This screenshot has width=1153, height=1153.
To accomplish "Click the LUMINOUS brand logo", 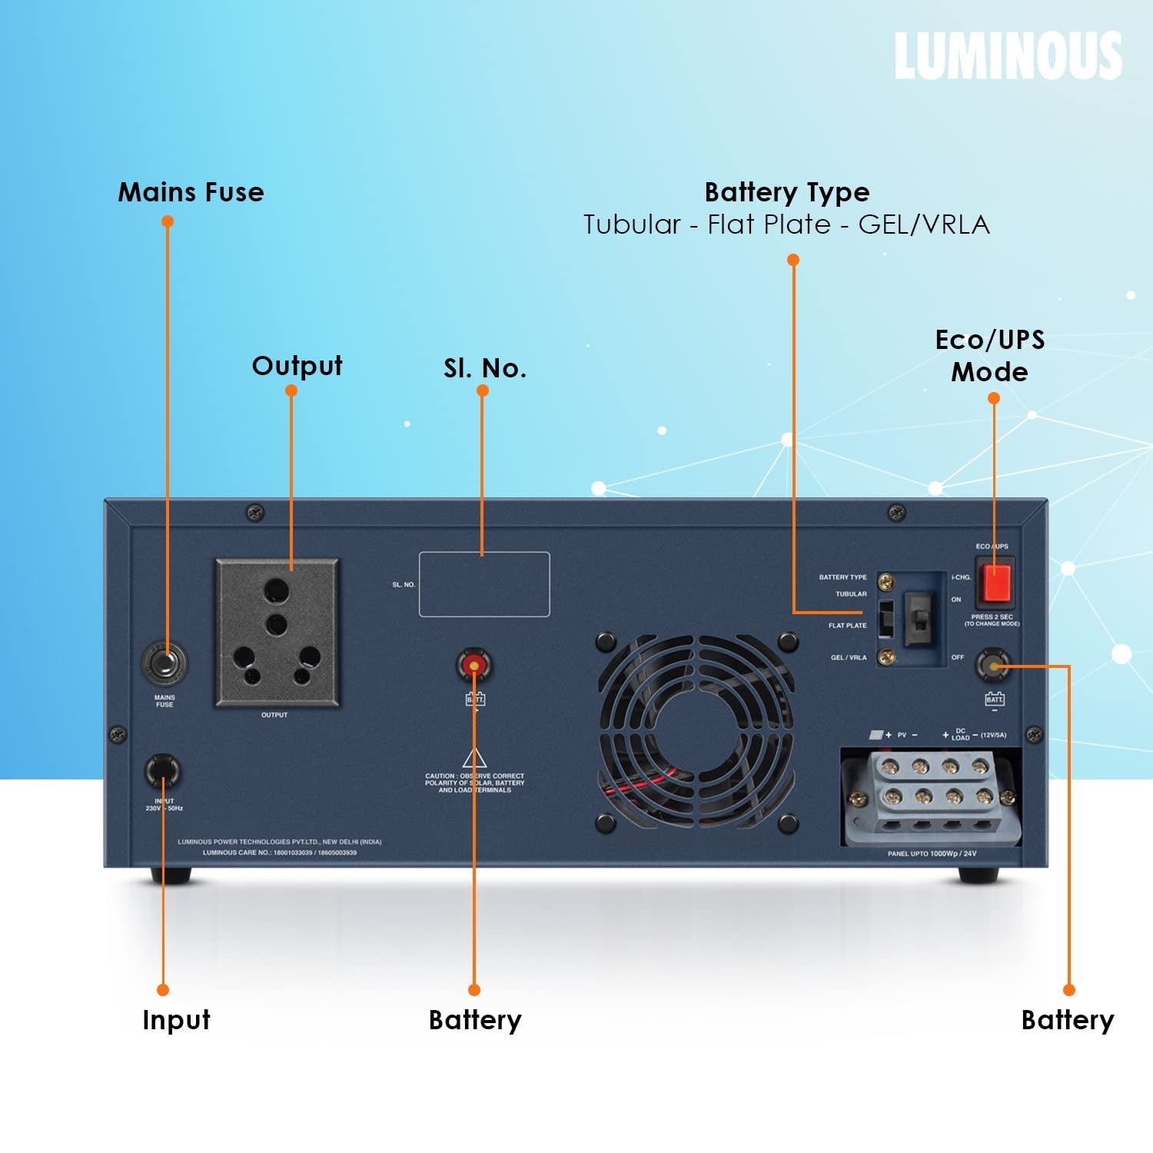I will pyautogui.click(x=1008, y=55).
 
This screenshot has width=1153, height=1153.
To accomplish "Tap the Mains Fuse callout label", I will pyautogui.click(x=191, y=192).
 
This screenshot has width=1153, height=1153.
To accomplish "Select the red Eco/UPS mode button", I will pyautogui.click(x=996, y=582).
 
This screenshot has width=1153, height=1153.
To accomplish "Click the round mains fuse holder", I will pyautogui.click(x=164, y=663).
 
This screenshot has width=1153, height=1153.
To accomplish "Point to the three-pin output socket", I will pyautogui.click(x=277, y=632).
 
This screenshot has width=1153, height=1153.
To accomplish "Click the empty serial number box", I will pyautogui.click(x=484, y=584).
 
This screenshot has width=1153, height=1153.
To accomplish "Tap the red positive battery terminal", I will pyautogui.click(x=474, y=663).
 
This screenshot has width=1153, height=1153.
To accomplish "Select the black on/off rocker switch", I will pyautogui.click(x=918, y=619).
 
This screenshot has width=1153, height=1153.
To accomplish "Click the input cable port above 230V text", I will pyautogui.click(x=163, y=771).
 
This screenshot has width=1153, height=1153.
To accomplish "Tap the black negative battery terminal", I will pyautogui.click(x=992, y=665).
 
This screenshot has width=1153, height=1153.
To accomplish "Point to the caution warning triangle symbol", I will pyautogui.click(x=474, y=758).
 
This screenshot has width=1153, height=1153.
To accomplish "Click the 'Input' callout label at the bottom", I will pyautogui.click(x=176, y=1020).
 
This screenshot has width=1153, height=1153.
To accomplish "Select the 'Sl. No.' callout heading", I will pyautogui.click(x=485, y=369).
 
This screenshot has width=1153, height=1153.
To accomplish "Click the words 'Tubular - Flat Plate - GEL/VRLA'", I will pyautogui.click(x=786, y=224).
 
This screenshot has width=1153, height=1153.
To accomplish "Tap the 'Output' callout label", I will pyautogui.click(x=297, y=366).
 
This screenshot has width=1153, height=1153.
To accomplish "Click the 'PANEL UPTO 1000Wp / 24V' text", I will pyautogui.click(x=932, y=854).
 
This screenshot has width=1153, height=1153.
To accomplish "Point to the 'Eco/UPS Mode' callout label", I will pyautogui.click(x=990, y=356).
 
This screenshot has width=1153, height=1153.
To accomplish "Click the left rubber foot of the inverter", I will pyautogui.click(x=171, y=876).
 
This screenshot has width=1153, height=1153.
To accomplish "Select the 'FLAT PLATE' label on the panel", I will pyautogui.click(x=847, y=626).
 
